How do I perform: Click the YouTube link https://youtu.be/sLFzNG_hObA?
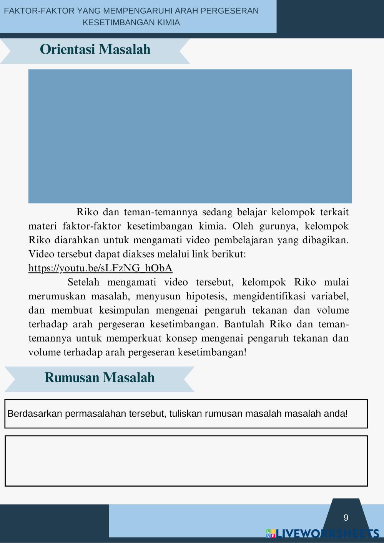100,268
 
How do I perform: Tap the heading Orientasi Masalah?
95,50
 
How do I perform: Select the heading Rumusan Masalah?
100,378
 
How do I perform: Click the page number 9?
346,518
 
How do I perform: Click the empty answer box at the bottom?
186,461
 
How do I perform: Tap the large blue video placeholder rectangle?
190,136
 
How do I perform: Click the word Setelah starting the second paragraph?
83,282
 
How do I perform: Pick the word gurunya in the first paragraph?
278,226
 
